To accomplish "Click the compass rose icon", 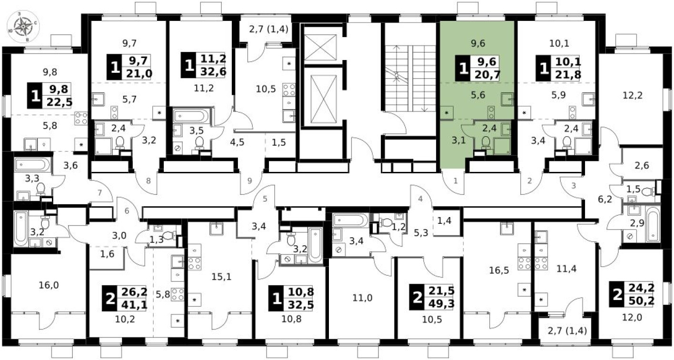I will [x=23, y=27].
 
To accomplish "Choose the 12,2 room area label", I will [x=633, y=95].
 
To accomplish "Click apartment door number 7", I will [x=99, y=192].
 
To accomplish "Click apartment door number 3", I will [x=574, y=185].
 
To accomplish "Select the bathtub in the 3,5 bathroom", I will [x=190, y=116].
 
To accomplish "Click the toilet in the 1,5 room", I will [x=649, y=191].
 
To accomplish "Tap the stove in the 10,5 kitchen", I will [x=289, y=90].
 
